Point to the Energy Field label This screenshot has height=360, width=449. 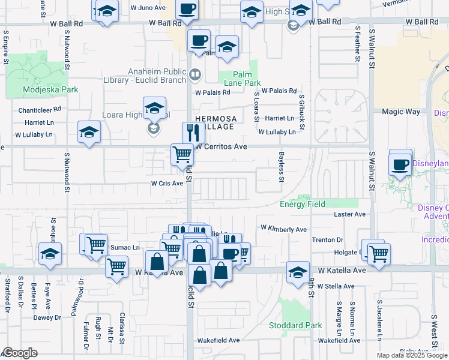click(x=302, y=204)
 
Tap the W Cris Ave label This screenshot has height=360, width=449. click(x=167, y=184)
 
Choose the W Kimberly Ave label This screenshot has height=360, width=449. click(x=283, y=229)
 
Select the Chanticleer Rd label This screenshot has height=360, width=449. click(x=40, y=110)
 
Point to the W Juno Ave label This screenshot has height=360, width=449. click(x=148, y=8)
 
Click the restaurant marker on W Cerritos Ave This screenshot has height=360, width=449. click(x=193, y=133)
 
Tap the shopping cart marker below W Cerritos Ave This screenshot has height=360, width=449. click(x=182, y=155)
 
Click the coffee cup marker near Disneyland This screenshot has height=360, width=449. click(x=400, y=164)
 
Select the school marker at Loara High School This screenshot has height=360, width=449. click(x=154, y=109)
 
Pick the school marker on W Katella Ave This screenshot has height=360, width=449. click(x=298, y=272)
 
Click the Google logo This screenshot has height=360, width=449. click(x=20, y=353)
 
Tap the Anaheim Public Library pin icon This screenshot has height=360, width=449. click(x=195, y=75)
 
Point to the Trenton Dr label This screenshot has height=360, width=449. click(x=327, y=239)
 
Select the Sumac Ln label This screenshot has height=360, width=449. click(x=125, y=247)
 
